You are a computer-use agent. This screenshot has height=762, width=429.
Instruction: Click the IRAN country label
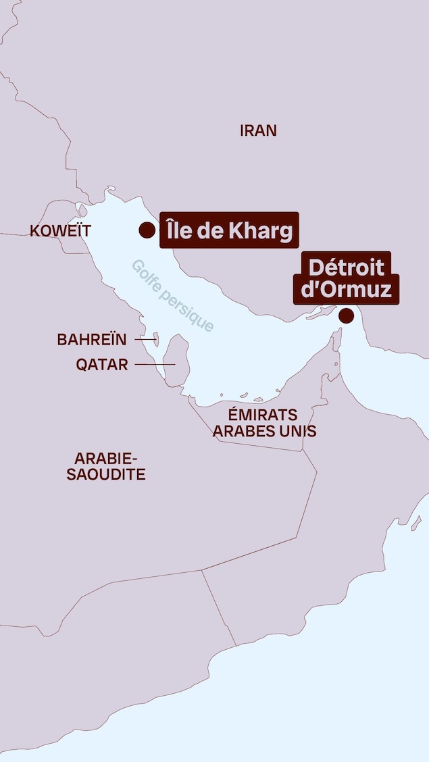258,130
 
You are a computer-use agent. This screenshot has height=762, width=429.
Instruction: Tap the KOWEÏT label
60,231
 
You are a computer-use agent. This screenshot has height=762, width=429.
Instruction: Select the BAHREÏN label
92,340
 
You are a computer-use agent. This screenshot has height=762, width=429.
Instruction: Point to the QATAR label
102,365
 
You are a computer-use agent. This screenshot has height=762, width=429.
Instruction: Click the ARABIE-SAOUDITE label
106,465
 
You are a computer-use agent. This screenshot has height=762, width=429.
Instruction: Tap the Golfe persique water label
173,296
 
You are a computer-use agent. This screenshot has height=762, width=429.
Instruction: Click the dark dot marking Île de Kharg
147,230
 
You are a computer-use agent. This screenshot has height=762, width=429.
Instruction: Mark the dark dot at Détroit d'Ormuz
347,315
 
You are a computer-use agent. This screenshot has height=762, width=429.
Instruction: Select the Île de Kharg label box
229,231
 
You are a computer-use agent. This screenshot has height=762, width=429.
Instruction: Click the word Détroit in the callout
346,268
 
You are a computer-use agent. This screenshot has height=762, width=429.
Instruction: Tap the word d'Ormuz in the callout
345,290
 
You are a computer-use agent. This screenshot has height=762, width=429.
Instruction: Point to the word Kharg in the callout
260,231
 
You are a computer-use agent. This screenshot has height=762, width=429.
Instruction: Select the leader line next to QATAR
155,365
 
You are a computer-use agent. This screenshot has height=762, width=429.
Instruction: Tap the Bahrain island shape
157,338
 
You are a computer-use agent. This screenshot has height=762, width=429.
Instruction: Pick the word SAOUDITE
106,474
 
